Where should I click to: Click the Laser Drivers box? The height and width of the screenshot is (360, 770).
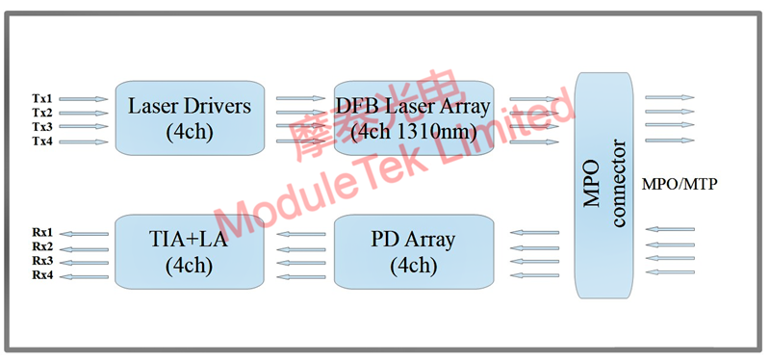pos(189,116)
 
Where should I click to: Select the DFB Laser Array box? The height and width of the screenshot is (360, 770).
pos(413,116)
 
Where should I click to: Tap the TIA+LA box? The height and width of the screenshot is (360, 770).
pos(189,250)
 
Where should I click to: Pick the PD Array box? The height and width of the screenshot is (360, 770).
pos(413,250)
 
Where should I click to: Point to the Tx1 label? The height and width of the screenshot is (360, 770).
pos(43,98)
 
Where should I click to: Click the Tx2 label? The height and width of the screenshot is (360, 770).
pos(43,113)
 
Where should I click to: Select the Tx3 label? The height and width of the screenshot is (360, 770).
pos(43,126)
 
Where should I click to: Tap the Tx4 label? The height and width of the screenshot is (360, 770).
pos(43,141)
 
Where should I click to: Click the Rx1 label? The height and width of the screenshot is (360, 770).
pos(43,233)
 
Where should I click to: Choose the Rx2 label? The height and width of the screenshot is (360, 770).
pos(43,247)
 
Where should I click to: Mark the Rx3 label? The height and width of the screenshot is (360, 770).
pos(43,261)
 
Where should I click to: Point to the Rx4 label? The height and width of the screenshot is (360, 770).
pos(43,275)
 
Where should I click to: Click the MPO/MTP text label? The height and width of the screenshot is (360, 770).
pos(684,183)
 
